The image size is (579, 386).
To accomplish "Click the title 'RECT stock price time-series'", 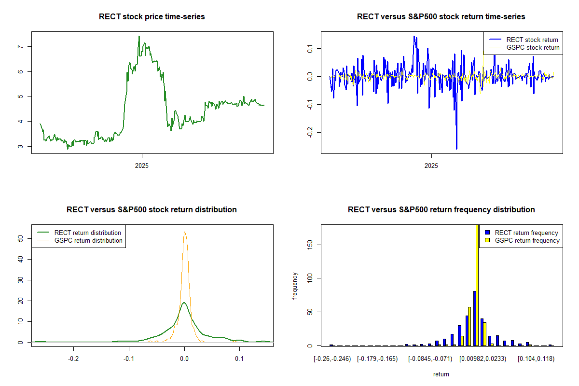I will pyautogui.click(x=152, y=17).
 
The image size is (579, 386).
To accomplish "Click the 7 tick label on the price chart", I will pyautogui.click(x=20, y=47).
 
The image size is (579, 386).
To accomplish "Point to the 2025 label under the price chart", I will pyautogui.click(x=142, y=165).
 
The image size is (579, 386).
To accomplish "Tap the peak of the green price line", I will pyautogui.click(x=139, y=36).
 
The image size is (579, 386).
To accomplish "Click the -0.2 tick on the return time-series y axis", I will pyautogui.click(x=309, y=133).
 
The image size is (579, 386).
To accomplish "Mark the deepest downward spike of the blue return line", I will pyautogui.click(x=456, y=149).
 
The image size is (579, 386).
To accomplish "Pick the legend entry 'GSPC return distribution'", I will pyautogui.click(x=88, y=240).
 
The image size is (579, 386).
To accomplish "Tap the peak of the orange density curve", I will pyautogui.click(x=184, y=232).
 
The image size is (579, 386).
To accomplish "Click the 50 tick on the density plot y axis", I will pyautogui.click(x=20, y=238).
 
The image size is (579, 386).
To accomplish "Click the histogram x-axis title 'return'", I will pyautogui.click(x=441, y=374).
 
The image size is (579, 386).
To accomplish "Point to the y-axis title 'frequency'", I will pyautogui.click(x=295, y=286).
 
